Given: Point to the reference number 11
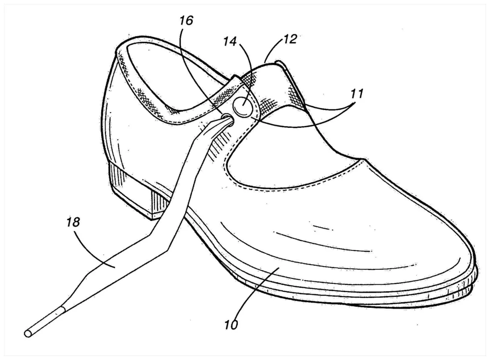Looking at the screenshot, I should (x=356, y=95).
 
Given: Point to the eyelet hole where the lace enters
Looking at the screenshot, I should (x=227, y=117).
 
